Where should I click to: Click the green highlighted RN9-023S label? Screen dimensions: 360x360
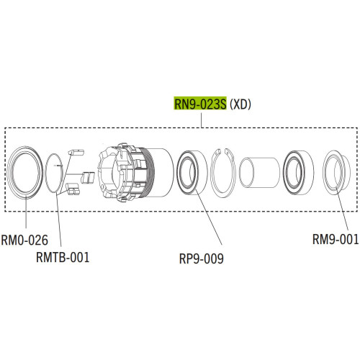pyautogui.click(x=200, y=104)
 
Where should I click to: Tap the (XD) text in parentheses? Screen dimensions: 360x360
pyautogui.click(x=240, y=104)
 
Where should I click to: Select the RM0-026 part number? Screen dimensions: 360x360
pyautogui.click(x=24, y=240)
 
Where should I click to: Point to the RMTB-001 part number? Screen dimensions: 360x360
pyautogui.click(x=63, y=257)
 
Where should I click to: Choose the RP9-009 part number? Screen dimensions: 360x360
pyautogui.click(x=202, y=258)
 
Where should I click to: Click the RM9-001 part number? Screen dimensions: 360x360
pyautogui.click(x=336, y=239)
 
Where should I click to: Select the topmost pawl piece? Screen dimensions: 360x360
pyautogui.click(x=76, y=153)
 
